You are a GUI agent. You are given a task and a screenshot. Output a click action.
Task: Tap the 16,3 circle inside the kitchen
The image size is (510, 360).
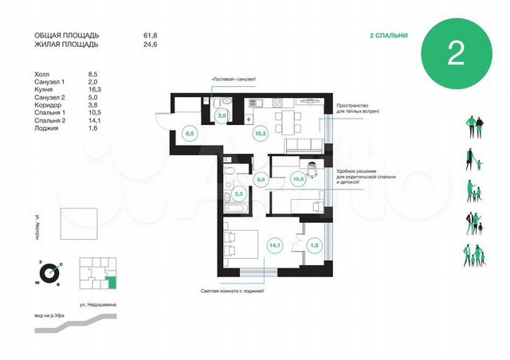point(260,134)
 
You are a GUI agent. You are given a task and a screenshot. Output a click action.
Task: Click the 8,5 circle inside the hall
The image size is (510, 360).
point(190,134)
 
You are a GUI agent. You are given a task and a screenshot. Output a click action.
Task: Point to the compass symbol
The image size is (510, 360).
point(50,271)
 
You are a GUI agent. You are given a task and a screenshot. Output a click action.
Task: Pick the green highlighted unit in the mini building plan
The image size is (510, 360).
point(112,280)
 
